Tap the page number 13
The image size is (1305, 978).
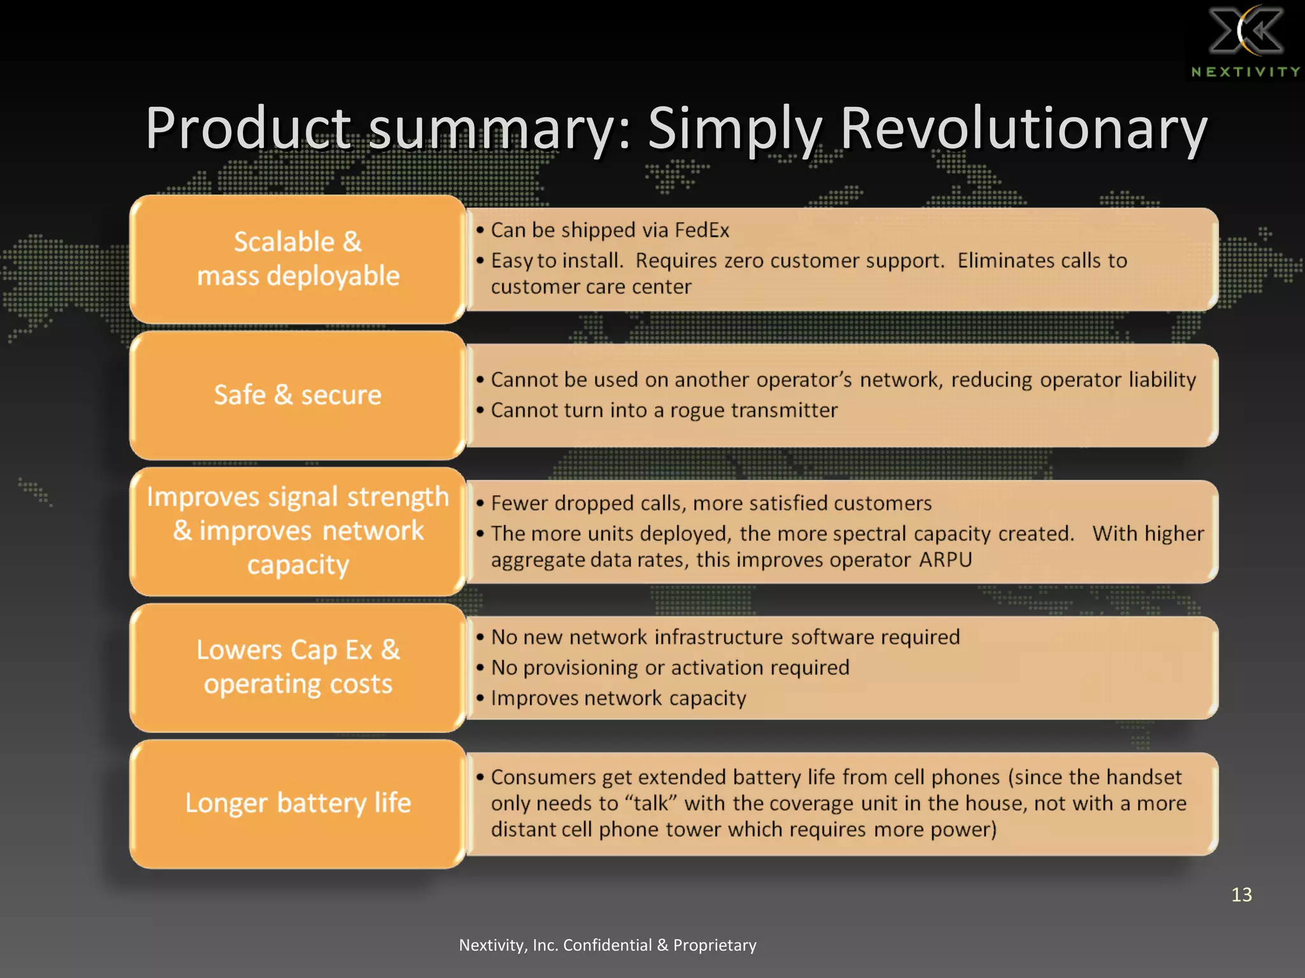[1241, 895]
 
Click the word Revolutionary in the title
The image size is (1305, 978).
[1023, 129]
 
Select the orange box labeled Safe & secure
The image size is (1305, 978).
[298, 395]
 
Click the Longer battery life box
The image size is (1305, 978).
[298, 804]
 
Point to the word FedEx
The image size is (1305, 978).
[702, 230]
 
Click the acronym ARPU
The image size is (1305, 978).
[945, 560]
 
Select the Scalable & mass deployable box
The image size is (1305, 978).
[298, 259]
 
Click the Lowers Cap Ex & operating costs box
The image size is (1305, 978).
[298, 667]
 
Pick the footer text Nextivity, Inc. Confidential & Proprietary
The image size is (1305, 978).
[607, 945]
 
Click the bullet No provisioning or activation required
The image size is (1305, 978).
[670, 667]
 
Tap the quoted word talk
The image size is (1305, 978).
[651, 804]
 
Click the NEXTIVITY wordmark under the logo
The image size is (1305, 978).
[1245, 72]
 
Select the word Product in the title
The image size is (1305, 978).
[249, 129]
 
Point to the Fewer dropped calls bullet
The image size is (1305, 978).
[710, 503]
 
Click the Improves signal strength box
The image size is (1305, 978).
[298, 531]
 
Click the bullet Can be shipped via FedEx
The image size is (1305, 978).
[609, 230]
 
